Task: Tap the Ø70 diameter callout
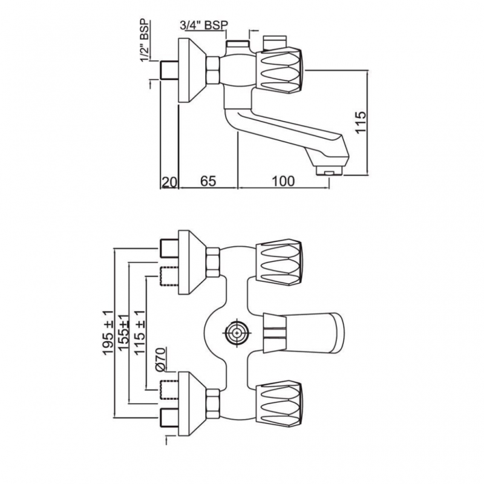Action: point(159,359)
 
